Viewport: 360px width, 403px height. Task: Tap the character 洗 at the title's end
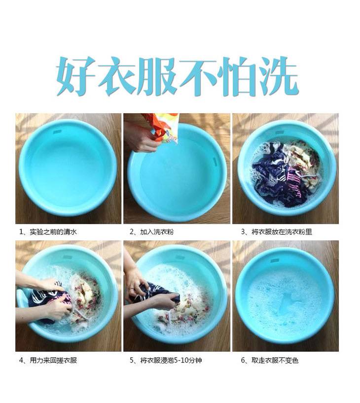[280, 76]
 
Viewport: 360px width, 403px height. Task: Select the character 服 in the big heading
[157, 76]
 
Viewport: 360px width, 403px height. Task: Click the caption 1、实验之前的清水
[48, 232]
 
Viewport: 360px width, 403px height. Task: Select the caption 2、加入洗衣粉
[151, 232]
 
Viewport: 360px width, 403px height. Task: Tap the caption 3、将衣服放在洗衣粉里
[276, 232]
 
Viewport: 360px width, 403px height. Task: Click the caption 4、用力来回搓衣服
[48, 360]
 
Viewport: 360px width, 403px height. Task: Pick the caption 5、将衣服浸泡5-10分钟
[166, 360]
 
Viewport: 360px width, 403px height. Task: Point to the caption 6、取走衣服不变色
[270, 360]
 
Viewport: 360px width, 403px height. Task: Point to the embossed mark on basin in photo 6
[275, 261]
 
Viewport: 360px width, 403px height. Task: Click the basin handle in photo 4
[22, 298]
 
